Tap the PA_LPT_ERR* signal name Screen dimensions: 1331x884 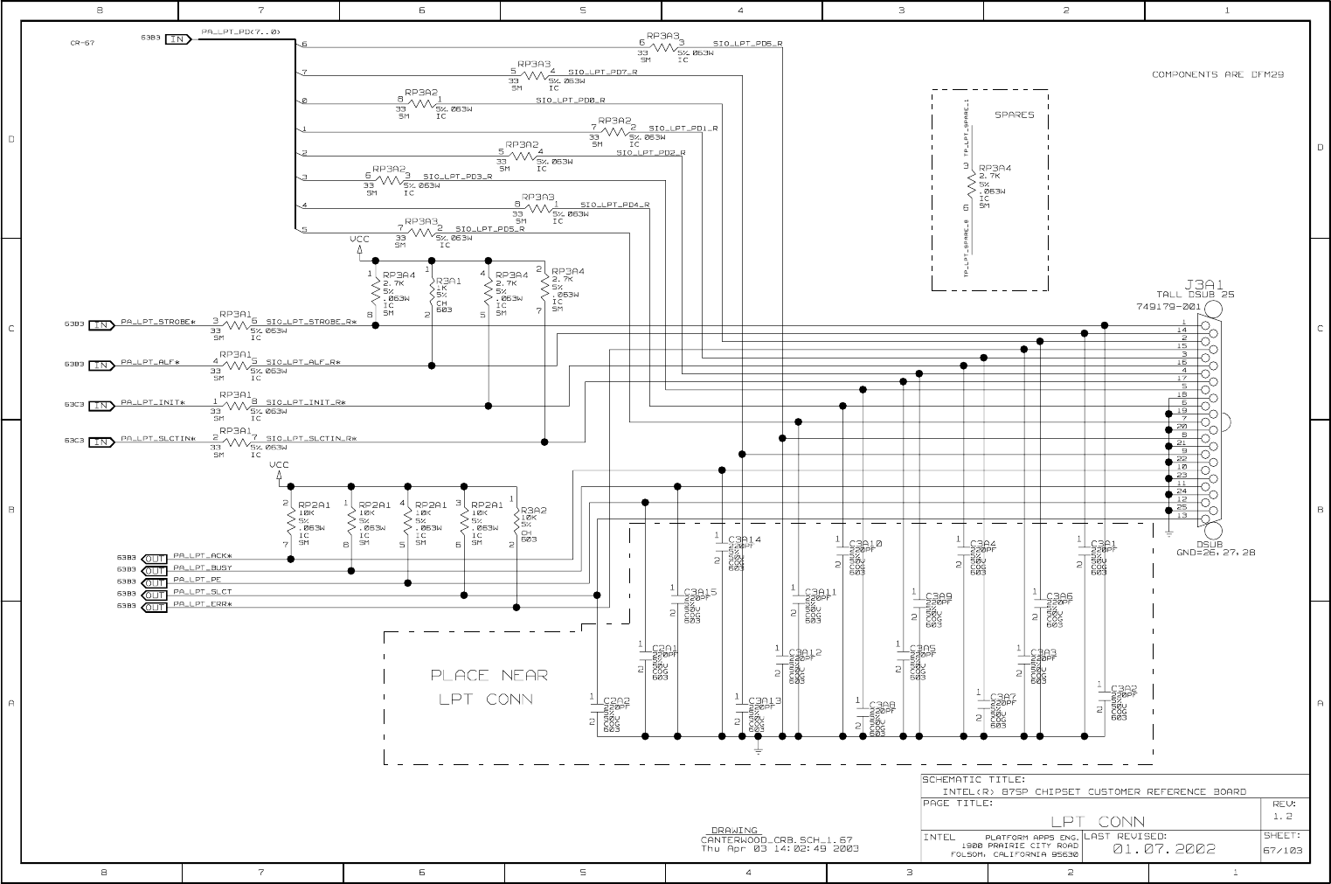[x=203, y=604]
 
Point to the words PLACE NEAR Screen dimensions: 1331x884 [x=489, y=675]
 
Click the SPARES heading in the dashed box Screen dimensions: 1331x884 [x=1014, y=115]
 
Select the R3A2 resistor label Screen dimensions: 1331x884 [x=533, y=511]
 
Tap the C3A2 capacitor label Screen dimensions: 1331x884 [x=1124, y=689]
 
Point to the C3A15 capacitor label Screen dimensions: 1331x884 [x=700, y=592]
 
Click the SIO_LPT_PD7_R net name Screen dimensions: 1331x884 [x=603, y=72]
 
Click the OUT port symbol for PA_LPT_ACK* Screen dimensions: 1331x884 [x=154, y=559]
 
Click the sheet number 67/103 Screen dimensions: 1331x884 [x=1284, y=850]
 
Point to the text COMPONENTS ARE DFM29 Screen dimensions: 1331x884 [x=1217, y=74]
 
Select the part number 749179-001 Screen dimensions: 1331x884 [x=1168, y=307]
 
